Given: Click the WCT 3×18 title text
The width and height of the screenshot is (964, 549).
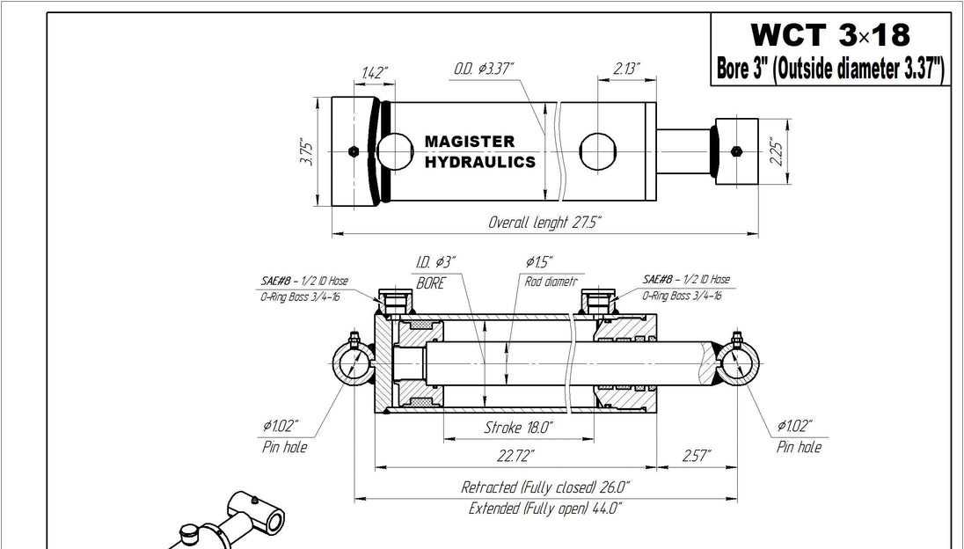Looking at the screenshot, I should (829, 35).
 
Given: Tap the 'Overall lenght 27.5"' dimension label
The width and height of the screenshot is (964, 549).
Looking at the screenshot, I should (545, 223).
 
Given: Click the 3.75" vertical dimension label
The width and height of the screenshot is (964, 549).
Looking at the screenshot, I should (306, 153).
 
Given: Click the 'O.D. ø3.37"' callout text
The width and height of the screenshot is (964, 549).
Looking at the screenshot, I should (484, 68).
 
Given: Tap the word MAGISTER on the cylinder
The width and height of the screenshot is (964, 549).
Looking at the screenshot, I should (470, 142).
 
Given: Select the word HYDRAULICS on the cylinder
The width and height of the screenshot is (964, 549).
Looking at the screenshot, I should (479, 163).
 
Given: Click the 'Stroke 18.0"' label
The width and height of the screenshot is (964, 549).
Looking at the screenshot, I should (518, 428).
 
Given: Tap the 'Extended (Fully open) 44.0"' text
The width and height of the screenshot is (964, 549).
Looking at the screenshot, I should (545, 508).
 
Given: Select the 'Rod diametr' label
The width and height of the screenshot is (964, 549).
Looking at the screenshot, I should (551, 282).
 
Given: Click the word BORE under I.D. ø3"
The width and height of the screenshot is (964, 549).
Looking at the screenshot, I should (431, 283).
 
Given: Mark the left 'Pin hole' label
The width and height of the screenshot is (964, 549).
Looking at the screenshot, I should (284, 447).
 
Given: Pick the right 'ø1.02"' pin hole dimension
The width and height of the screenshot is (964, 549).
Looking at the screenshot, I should (794, 426).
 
